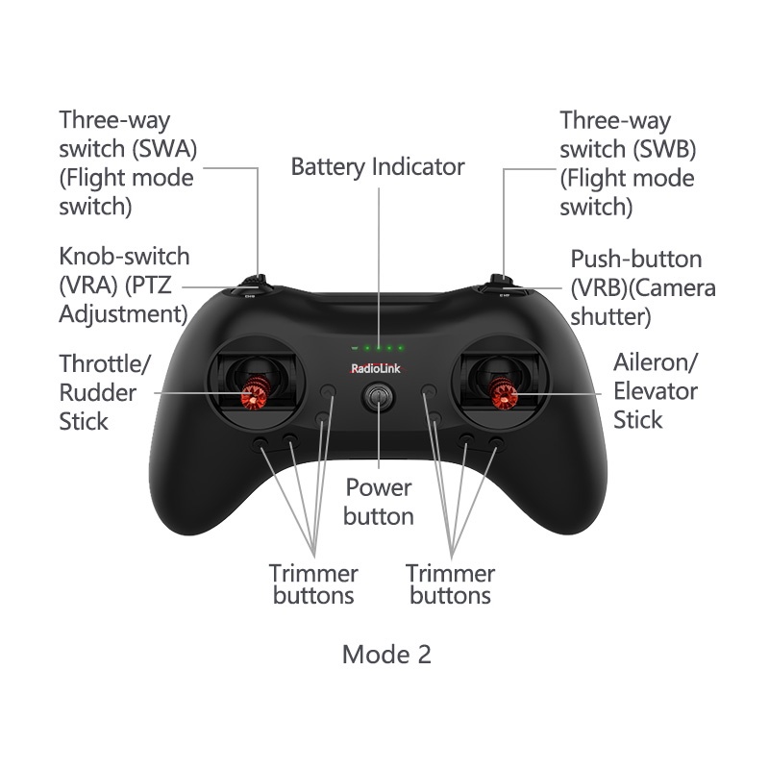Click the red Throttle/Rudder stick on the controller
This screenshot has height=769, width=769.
[257, 393]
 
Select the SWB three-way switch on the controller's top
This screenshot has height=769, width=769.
[499, 281]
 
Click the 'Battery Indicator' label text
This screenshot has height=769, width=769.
[378, 167]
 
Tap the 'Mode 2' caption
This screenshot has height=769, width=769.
[386, 655]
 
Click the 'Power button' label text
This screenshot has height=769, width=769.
[379, 501]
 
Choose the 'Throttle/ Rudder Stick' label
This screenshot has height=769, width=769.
[104, 392]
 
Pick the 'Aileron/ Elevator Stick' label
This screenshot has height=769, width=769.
[656, 390]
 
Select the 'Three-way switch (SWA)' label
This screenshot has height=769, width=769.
[126, 163]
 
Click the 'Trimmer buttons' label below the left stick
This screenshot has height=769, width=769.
[313, 584]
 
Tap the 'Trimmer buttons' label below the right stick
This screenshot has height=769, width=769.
[450, 584]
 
